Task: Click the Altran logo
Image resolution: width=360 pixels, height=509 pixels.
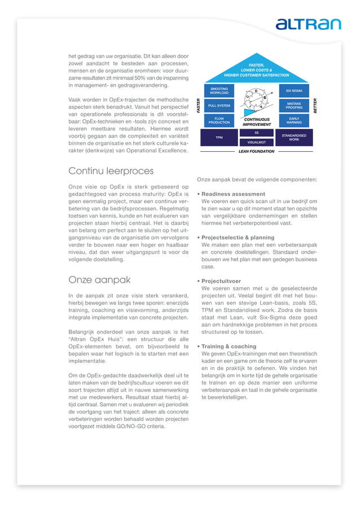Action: [x=308, y=24]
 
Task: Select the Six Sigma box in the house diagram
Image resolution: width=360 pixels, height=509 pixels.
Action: [x=293, y=90]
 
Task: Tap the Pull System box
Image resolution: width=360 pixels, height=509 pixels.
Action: [x=219, y=106]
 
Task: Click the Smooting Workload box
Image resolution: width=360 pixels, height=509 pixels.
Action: [x=219, y=90]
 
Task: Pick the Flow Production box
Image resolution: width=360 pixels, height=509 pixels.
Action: [x=219, y=121]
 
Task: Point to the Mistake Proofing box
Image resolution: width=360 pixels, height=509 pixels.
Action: [x=293, y=106]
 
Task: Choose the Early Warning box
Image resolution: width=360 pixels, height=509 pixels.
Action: [x=293, y=121]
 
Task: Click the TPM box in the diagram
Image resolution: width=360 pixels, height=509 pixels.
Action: [x=219, y=137]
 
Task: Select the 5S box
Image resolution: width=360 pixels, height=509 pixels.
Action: [x=256, y=133]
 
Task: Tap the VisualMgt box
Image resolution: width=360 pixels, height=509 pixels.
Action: [x=256, y=142]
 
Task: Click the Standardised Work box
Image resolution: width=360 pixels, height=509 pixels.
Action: [x=293, y=137]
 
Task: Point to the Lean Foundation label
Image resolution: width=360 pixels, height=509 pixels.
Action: [x=256, y=151]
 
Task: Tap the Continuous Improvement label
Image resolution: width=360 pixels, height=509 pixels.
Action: [x=257, y=122]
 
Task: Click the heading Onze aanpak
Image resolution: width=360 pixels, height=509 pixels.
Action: [x=99, y=279]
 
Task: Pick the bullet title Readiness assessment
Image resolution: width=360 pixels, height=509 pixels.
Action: [x=233, y=194]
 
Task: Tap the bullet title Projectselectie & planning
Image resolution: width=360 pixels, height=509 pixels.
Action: [x=238, y=238]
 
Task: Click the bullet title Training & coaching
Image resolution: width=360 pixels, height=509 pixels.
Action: [x=229, y=346]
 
